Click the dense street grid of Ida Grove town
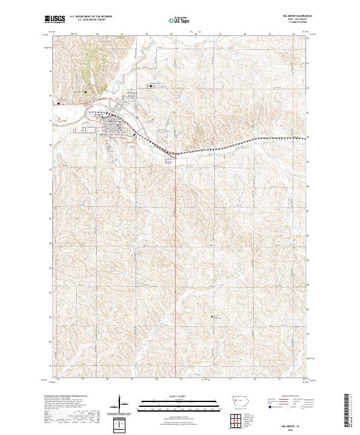coord(112,127)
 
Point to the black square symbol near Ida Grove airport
coord(85,92)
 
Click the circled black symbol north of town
coord(151,85)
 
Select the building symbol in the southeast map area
coord(211,316)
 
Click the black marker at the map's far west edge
coord(59,103)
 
